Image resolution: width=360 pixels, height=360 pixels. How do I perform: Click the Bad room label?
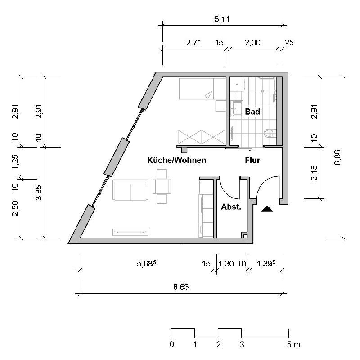tap(252, 112)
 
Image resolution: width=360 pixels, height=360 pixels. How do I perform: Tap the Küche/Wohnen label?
tap(176, 160)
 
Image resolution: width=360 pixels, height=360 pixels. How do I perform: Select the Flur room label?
tap(252, 160)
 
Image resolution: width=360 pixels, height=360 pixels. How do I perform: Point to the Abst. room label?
tap(231, 207)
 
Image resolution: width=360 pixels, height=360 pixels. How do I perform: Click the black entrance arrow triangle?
tap(267, 209)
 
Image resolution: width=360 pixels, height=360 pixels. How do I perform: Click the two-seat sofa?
tap(130, 191)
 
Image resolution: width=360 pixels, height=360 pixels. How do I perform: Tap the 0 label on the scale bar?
tap(171, 345)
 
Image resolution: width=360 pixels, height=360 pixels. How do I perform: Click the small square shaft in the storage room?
tap(245, 235)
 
